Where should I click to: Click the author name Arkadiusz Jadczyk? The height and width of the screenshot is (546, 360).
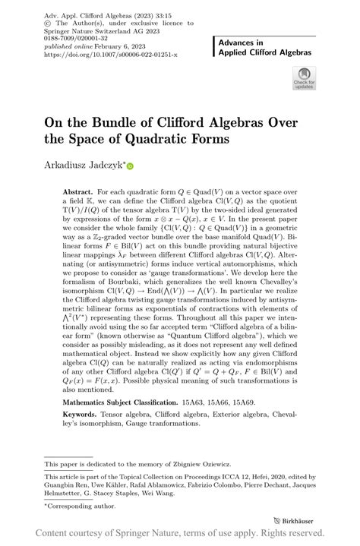pyautogui.click(x=83, y=164)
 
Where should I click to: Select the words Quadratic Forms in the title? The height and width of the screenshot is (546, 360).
pyautogui.click(x=177, y=139)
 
